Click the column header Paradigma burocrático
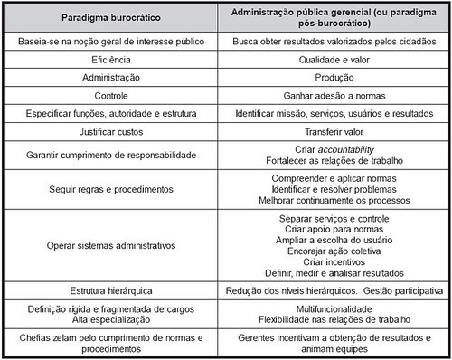113,17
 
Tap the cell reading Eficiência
113,60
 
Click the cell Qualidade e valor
335,60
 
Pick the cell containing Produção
335,77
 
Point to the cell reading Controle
113,94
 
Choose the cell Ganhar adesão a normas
335,94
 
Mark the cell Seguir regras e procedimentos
113,190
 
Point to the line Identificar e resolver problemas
335,190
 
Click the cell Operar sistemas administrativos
113,244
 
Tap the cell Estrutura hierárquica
113,290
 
